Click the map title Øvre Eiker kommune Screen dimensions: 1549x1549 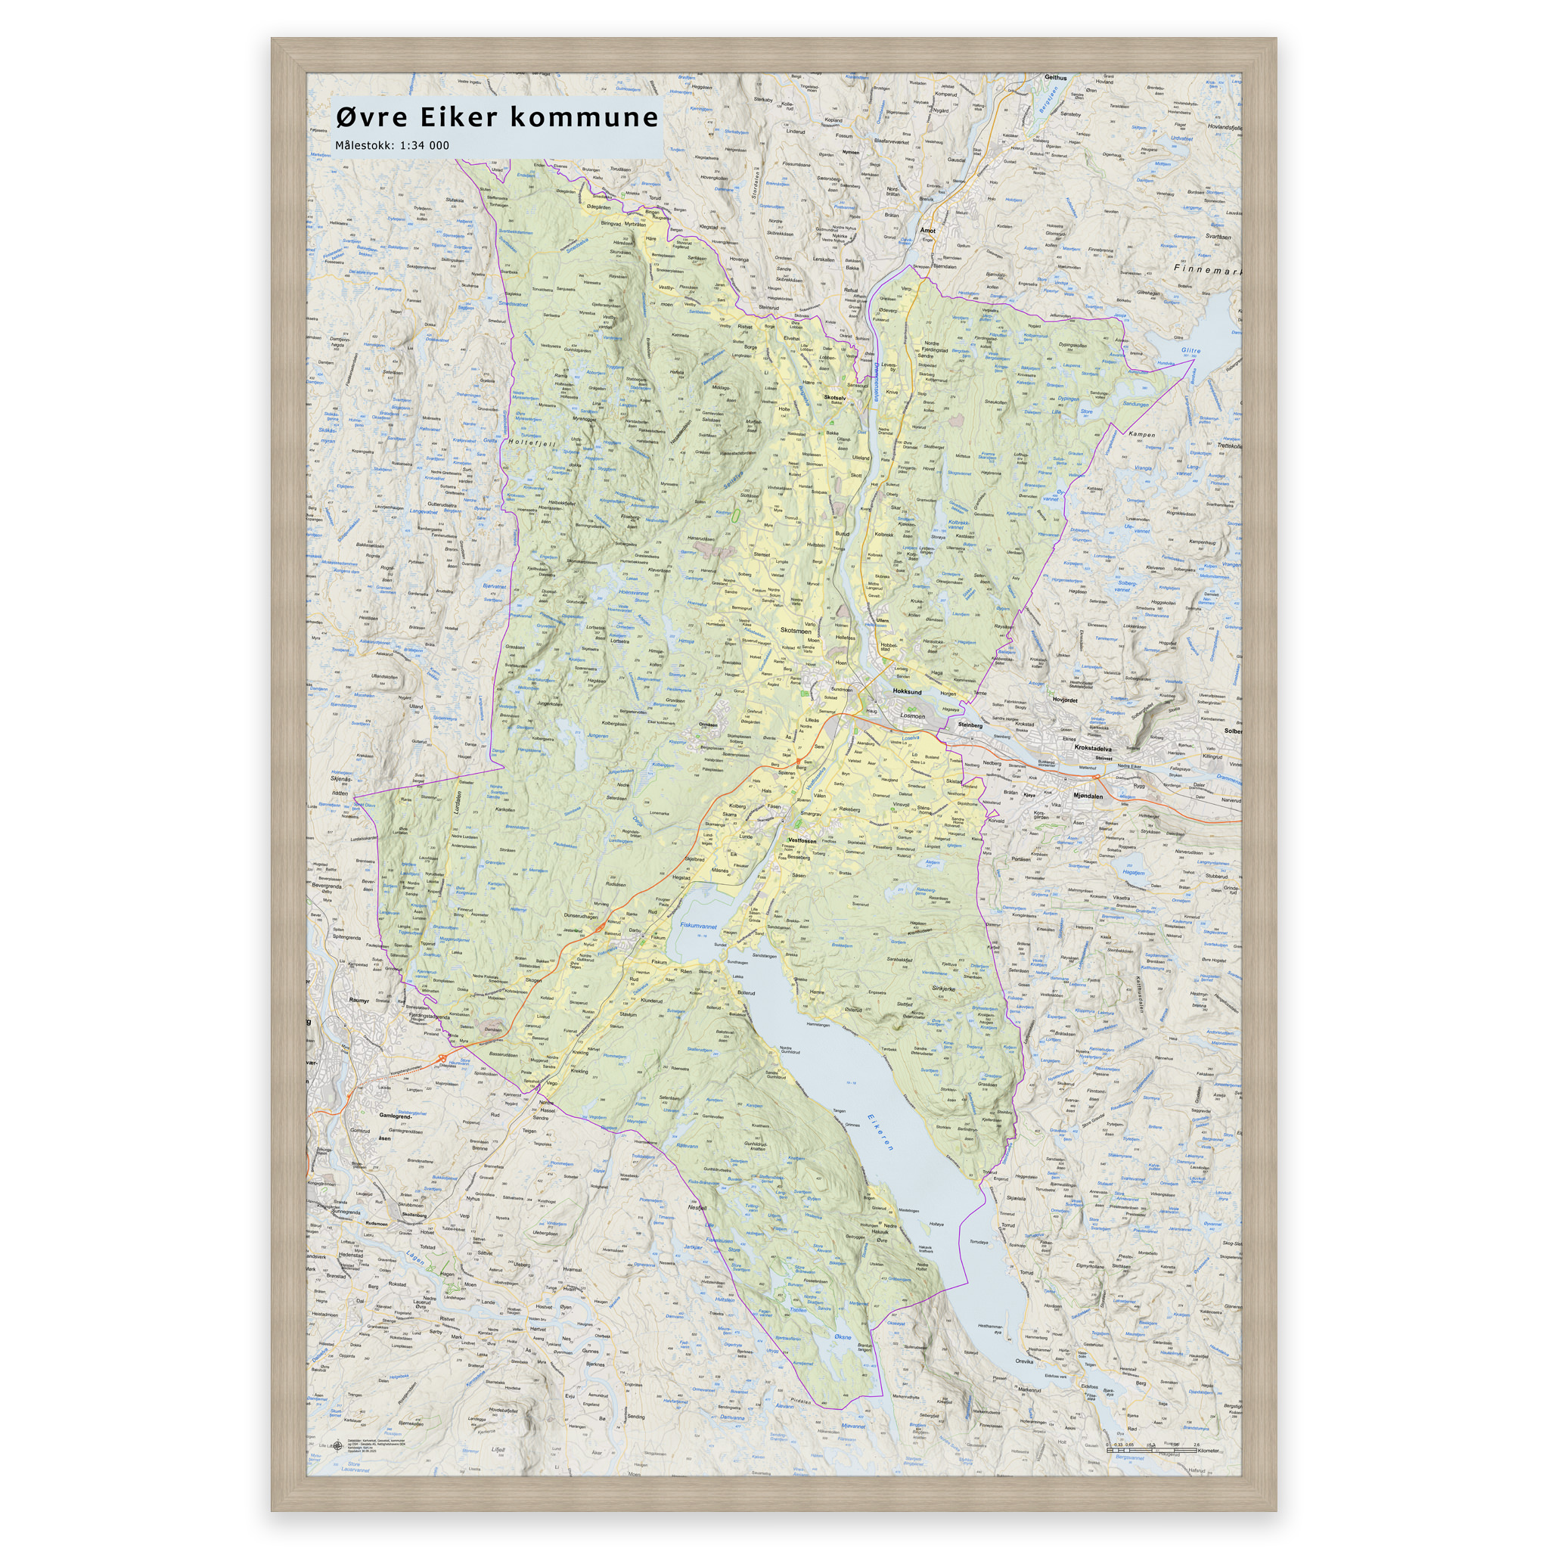click(x=496, y=117)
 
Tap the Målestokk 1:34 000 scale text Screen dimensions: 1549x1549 click(x=392, y=146)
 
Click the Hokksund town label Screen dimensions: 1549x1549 click(x=907, y=691)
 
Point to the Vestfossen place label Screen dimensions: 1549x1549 click(x=801, y=841)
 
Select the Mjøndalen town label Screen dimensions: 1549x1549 click(x=1088, y=796)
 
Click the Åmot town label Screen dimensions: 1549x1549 click(x=927, y=230)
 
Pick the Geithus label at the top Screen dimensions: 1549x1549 click(x=1056, y=78)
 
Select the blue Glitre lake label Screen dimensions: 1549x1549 click(x=1191, y=350)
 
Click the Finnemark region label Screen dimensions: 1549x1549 click(x=1207, y=270)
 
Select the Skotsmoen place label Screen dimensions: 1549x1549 click(x=795, y=631)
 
